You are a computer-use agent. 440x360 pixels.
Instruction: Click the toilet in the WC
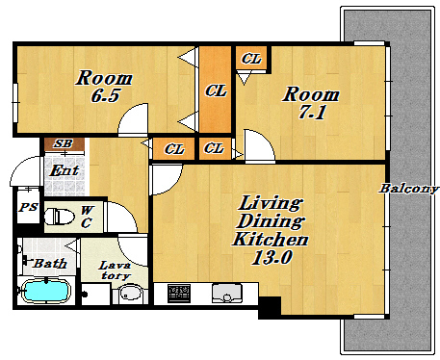coord(59,217)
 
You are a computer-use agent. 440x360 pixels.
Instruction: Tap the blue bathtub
coord(47,291)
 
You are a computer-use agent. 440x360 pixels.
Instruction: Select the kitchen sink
coord(226,293)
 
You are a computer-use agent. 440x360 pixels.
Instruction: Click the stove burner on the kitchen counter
coord(179,294)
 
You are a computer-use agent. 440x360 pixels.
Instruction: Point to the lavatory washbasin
coord(130,294)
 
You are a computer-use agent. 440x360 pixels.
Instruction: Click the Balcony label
coord(409,189)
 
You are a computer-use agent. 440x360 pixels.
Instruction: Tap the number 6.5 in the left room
coord(106,95)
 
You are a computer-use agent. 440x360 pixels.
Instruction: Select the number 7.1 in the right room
coord(312,112)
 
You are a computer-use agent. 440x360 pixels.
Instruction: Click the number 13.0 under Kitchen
coord(272,257)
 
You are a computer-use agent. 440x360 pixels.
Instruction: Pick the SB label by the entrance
coord(64,143)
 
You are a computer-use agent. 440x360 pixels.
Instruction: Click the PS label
coord(28,207)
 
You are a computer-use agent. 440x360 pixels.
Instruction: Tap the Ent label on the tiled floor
coord(65,170)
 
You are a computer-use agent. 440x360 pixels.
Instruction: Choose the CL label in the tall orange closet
coord(216,90)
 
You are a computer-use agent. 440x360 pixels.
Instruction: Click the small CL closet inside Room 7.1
coord(251,59)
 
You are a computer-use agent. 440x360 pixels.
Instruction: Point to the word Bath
coord(50,264)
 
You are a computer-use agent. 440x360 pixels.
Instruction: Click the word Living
coord(271,203)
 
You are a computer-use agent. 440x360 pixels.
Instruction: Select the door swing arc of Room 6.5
coord(128,112)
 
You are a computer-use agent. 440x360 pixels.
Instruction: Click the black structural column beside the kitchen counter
coord(270,308)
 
